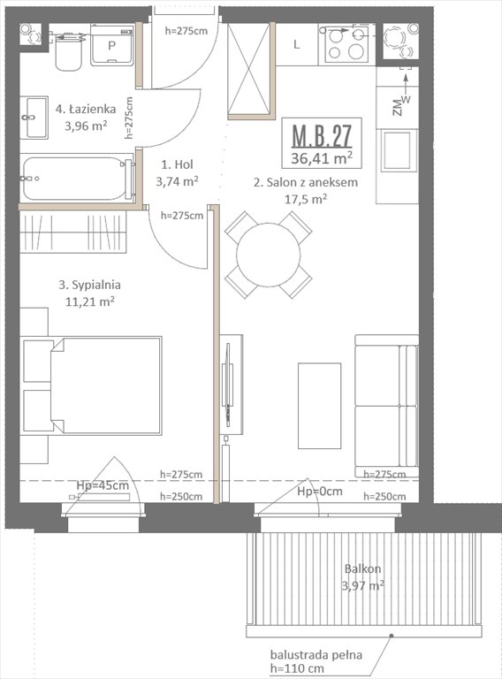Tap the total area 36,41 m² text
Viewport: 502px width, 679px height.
pos(323,159)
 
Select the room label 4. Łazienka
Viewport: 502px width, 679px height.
pos(85,110)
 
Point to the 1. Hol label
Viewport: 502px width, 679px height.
pos(178,164)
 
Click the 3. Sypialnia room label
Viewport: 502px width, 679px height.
pos(89,286)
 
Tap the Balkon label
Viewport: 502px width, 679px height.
pos(361,570)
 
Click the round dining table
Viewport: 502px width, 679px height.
pos(268,254)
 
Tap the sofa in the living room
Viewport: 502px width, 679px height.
pos(386,405)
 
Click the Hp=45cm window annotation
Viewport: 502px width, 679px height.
pos(103,485)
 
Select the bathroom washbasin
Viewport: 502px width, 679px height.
pos(35,117)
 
